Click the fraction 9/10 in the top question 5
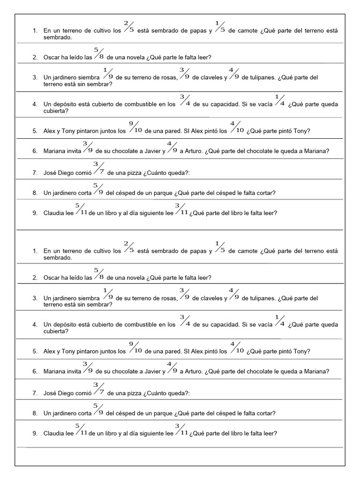tap(135, 127)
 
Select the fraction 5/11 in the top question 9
tap(82, 209)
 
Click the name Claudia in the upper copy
tap(53, 213)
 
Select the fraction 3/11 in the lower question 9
tap(181, 429)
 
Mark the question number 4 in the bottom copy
tap(35, 324)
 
